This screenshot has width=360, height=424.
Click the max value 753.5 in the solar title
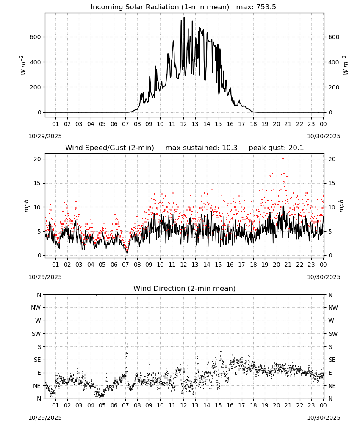pos(266,7)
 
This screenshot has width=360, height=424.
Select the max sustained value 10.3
pos(230,148)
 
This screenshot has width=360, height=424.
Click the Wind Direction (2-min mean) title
pos(185,288)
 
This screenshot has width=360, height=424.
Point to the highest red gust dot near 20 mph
pos(283,159)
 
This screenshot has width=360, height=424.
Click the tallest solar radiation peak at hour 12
pos(184,17)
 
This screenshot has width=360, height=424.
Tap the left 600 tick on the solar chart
pos(36,37)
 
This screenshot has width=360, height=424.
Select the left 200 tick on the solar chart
pos(36,87)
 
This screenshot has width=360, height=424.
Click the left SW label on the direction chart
pos(36,334)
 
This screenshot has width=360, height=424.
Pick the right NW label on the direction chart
pos(333,307)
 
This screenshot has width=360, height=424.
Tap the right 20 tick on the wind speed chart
pos(332,159)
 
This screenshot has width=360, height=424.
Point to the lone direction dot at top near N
pos(96,296)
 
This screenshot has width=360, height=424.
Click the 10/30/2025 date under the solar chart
pos(324,136)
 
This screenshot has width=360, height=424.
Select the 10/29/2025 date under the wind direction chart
pos(45,418)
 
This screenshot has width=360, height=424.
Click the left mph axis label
pos(26,206)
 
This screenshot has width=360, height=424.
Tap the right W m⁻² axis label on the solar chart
pos(346,65)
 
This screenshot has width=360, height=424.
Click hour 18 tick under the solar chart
pos(253,124)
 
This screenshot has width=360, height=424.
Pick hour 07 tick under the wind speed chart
pos(125,265)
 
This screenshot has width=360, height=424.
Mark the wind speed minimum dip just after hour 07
pos(127,253)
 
